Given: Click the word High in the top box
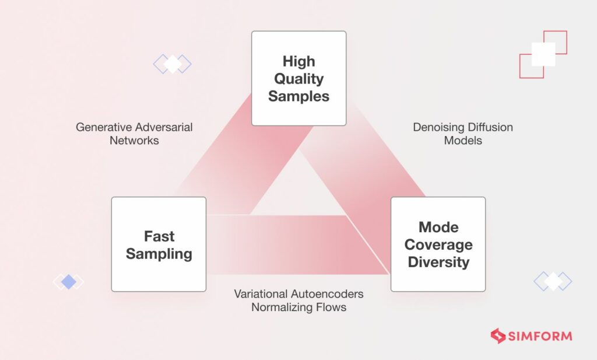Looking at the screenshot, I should click(298, 61).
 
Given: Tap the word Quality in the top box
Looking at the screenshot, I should click(298, 79).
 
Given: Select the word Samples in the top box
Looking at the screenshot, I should click(298, 96).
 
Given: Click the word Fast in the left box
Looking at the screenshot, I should click(159, 236).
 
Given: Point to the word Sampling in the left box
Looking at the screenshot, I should click(159, 254).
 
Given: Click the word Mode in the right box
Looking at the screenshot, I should click(438, 227).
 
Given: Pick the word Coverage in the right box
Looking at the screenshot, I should click(438, 244).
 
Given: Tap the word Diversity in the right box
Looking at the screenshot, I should click(438, 262).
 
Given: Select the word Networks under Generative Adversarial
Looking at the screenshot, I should click(134, 141).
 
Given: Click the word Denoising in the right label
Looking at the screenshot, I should click(438, 127).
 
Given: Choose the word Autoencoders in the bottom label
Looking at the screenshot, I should click(328, 293).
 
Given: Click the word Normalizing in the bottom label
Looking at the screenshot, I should click(283, 307).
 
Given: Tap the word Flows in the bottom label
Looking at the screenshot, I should click(332, 307).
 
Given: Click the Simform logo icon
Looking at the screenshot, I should click(497, 336).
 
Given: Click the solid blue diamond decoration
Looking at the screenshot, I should click(69, 282).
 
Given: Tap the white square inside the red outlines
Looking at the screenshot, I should click(543, 54).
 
